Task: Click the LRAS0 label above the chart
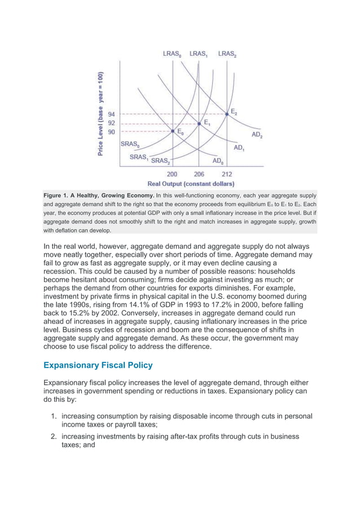[x=172, y=54]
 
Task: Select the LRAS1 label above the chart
[x=199, y=54]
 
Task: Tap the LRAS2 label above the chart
[x=227, y=54]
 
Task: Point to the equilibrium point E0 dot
[x=173, y=131]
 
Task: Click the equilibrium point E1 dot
[x=199, y=122]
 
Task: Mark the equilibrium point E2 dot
[x=227, y=113]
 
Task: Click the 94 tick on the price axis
[x=112, y=113]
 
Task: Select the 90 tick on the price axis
[x=112, y=131]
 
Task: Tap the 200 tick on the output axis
[x=172, y=174]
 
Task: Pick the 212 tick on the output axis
[x=227, y=174]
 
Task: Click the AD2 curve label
[x=257, y=135]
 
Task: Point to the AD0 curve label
[x=218, y=161]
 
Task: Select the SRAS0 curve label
[x=130, y=144]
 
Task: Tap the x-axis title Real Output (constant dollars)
[x=191, y=183]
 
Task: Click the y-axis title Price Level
[x=100, y=114]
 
